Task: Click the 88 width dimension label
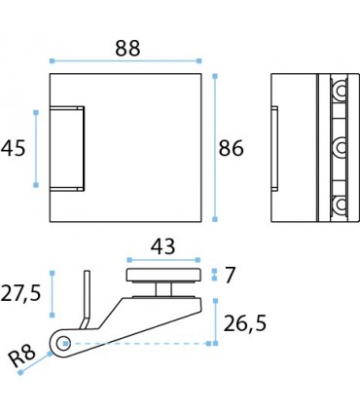pyautogui.click(x=127, y=49)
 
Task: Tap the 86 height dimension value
pyautogui.click(x=231, y=148)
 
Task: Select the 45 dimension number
pyautogui.click(x=13, y=148)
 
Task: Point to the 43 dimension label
pyautogui.click(x=162, y=246)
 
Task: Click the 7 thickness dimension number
pyautogui.click(x=230, y=275)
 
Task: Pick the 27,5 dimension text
pyautogui.click(x=20, y=293)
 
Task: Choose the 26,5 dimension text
pyautogui.click(x=245, y=323)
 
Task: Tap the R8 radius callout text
pyautogui.click(x=21, y=356)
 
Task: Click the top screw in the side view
pyautogui.click(x=341, y=91)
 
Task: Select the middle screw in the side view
pyautogui.click(x=341, y=148)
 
